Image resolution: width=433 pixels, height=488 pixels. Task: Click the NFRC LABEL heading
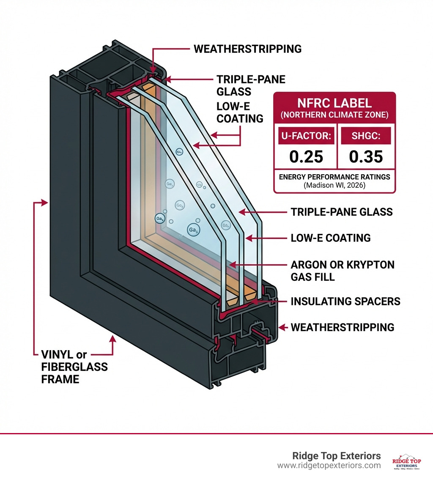tap(334, 102)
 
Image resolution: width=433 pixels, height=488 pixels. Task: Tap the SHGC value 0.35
tap(366, 156)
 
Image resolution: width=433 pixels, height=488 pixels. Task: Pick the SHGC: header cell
tap(366, 136)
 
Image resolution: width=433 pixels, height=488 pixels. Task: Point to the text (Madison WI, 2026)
tap(334, 185)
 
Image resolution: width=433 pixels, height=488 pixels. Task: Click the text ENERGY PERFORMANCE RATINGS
tap(334, 177)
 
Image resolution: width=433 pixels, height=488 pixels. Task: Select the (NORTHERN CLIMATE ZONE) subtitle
tap(334, 114)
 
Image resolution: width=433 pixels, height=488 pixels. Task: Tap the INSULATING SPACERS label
tap(345, 302)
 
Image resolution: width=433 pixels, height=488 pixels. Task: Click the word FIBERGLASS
tap(74, 367)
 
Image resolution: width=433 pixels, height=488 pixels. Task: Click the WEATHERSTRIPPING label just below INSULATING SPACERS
tap(342, 327)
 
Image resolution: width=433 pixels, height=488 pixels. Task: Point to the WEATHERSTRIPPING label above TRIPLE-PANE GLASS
tap(247, 49)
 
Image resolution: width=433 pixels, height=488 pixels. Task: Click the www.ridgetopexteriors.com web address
tap(329, 466)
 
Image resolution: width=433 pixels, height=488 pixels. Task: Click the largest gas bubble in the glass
tap(193, 229)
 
